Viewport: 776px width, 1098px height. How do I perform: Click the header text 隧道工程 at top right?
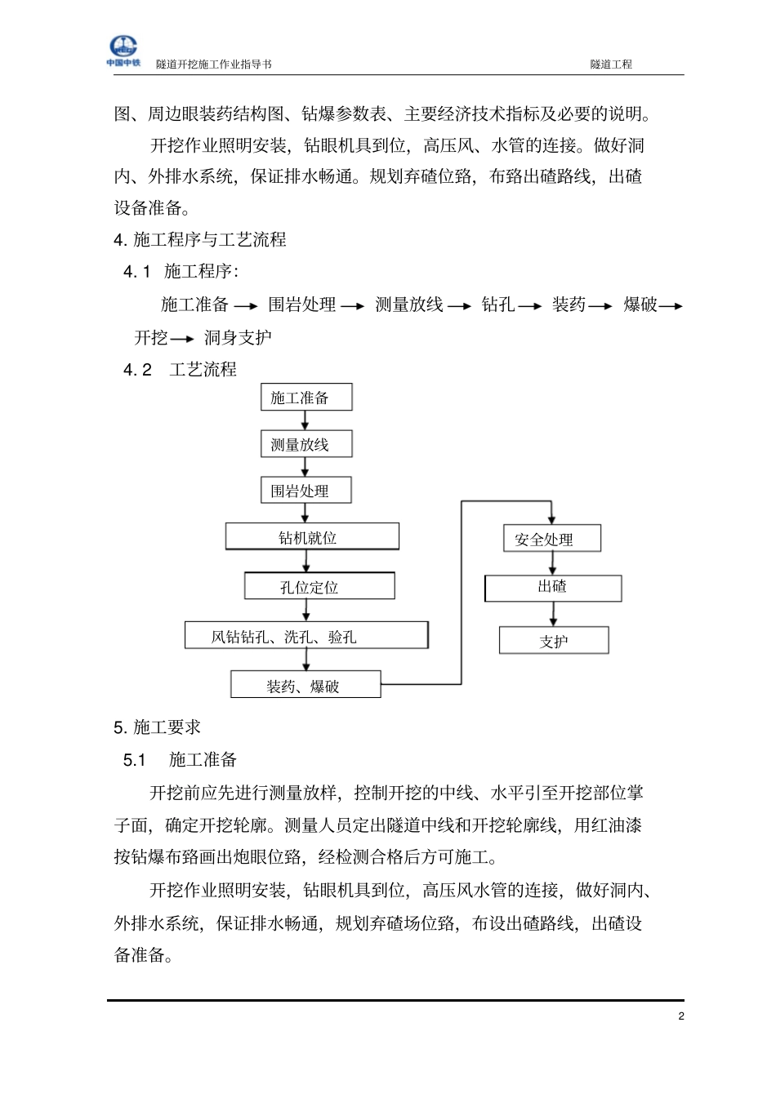pyautogui.click(x=611, y=64)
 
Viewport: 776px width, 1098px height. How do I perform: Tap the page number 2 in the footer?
pyautogui.click(x=680, y=1016)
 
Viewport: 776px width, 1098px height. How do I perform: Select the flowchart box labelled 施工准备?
pyautogui.click(x=306, y=398)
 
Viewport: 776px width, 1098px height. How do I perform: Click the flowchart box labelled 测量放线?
pyautogui.click(x=306, y=445)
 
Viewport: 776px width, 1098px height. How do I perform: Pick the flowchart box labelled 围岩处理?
pyautogui.click(x=306, y=491)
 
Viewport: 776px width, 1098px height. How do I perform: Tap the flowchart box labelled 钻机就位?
pyautogui.click(x=312, y=537)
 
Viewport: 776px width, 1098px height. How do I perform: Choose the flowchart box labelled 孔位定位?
pyautogui.click(x=319, y=586)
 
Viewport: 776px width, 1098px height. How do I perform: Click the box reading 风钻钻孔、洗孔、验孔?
pyautogui.click(x=306, y=636)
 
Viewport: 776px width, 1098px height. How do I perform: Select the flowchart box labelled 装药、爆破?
pyautogui.click(x=305, y=685)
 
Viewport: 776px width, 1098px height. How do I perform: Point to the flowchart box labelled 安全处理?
pyautogui.click(x=552, y=539)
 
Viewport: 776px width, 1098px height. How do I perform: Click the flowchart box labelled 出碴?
pyautogui.click(x=553, y=588)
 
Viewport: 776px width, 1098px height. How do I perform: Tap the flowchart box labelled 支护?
pyautogui.click(x=554, y=641)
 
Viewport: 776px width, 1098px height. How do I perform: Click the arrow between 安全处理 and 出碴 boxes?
pyautogui.click(x=553, y=563)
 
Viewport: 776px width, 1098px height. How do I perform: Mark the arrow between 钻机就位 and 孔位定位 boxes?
pyautogui.click(x=307, y=562)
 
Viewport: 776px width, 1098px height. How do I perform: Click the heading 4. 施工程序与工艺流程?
pyautogui.click(x=200, y=240)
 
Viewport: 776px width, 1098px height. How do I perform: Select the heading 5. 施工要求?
pyautogui.click(x=158, y=727)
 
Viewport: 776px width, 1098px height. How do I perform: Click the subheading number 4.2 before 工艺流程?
pyautogui.click(x=137, y=370)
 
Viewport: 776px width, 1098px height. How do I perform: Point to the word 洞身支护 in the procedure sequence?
pyautogui.click(x=238, y=337)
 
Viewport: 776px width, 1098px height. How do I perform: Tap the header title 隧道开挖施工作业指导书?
pyautogui.click(x=214, y=64)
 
